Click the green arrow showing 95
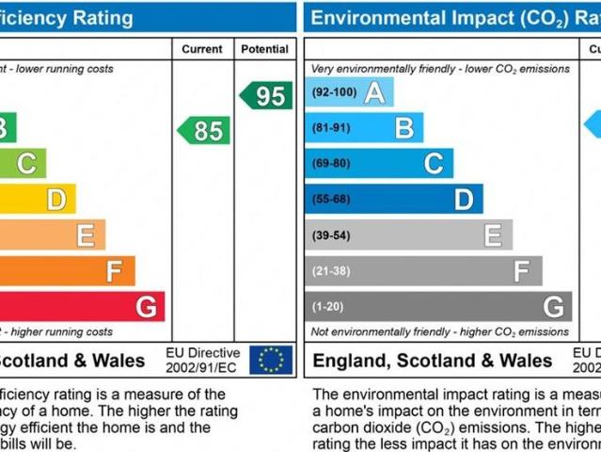(x=266, y=95)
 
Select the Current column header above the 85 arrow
(x=202, y=49)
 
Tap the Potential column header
(x=265, y=49)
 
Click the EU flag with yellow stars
(x=271, y=360)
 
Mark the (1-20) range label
(x=328, y=306)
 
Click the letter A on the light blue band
(x=374, y=93)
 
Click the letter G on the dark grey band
(x=553, y=306)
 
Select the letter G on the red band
(x=146, y=307)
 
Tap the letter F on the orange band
(x=115, y=271)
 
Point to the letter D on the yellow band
(x=56, y=200)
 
